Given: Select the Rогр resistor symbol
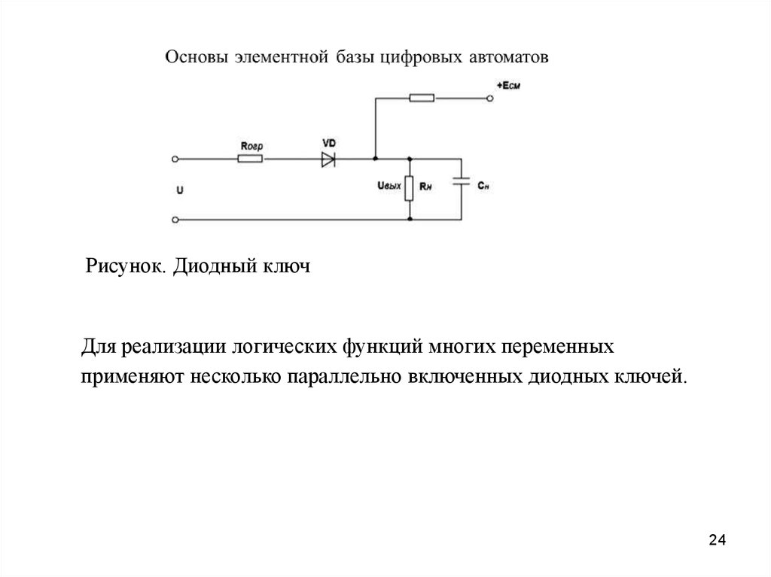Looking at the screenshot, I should point(249,159).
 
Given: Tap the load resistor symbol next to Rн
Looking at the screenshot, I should point(410,188).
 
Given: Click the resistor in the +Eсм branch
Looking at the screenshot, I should point(421,97).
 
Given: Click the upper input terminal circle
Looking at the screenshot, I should point(175,159).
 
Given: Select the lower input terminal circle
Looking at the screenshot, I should point(175,220).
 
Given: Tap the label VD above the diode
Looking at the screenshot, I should point(328,142).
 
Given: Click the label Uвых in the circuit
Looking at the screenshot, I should point(389,185).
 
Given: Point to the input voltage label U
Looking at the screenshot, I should point(179,190).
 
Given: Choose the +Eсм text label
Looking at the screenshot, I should point(508,87).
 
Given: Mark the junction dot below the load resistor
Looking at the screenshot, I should point(410,220).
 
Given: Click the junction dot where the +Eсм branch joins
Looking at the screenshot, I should point(375,159).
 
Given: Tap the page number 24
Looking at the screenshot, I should point(718,540).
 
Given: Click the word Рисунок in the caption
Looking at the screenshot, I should point(123,267).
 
